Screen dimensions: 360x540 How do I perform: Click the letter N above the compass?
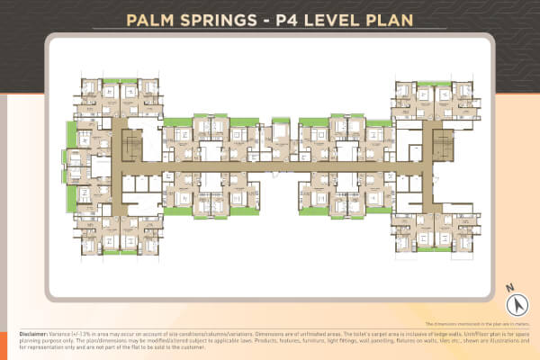tap(508, 286)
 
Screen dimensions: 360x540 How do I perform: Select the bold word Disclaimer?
tap(37, 332)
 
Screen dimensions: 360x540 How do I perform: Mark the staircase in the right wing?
tap(440, 144)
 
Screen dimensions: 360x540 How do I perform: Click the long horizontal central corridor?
tap(270, 167)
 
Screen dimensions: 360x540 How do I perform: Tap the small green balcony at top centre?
tap(281, 120)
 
